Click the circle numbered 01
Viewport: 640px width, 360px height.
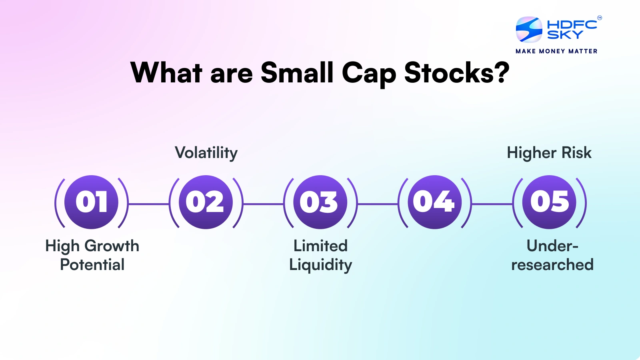tap(92, 202)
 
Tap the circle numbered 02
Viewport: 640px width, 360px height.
tap(206, 202)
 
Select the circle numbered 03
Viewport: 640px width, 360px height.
tap(320, 202)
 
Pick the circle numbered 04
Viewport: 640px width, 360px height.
tap(434, 202)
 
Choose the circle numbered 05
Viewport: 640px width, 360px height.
tap(549, 202)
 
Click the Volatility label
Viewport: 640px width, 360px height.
tap(206, 153)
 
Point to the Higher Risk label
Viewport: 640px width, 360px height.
tap(549, 153)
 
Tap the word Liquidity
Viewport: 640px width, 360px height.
tap(320, 265)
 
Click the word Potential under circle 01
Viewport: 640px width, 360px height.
tap(92, 265)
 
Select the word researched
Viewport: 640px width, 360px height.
tap(552, 265)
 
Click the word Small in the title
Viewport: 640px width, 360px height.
tap(297, 73)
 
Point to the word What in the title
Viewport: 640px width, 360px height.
tap(166, 73)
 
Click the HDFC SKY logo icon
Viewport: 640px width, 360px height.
tap(529, 30)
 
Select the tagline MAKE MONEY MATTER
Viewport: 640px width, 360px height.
tap(556, 51)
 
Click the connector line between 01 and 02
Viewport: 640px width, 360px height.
tap(149, 204)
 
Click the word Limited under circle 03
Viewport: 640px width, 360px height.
tap(320, 246)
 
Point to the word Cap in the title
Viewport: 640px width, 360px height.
tap(369, 73)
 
